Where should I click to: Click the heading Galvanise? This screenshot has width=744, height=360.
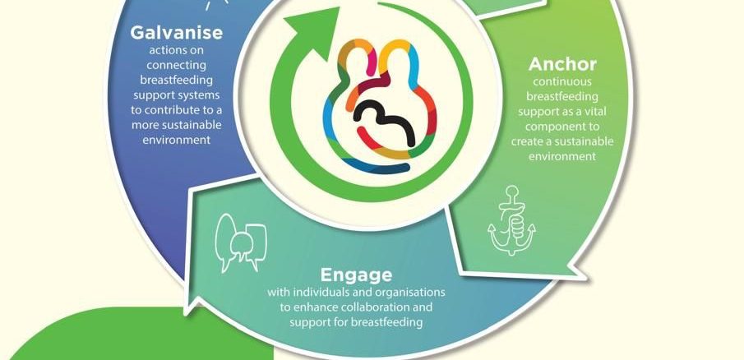(x=176, y=33)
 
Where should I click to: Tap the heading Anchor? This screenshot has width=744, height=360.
(x=562, y=64)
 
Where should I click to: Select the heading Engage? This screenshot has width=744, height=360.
(x=356, y=275)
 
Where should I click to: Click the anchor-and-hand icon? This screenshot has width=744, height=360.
(x=511, y=220)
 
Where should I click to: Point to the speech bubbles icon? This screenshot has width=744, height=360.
(x=241, y=242)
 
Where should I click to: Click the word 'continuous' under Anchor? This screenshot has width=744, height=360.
(x=562, y=81)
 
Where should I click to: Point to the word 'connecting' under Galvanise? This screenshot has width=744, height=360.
(x=176, y=64)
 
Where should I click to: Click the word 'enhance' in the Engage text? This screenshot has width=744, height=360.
(x=316, y=307)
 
